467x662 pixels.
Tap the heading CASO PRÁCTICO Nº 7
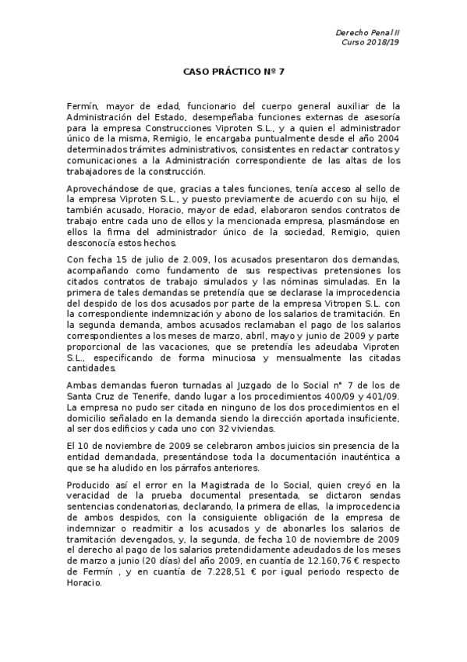click(233, 70)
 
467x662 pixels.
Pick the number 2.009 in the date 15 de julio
click(175, 261)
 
